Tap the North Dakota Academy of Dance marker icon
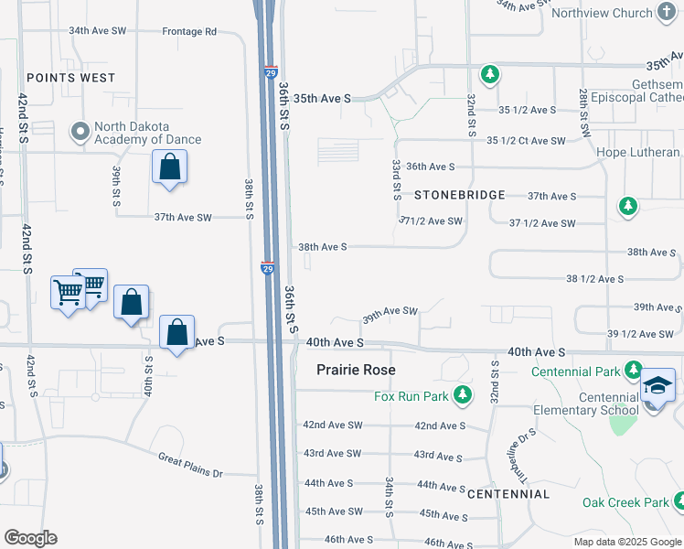80,133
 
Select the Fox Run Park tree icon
464,395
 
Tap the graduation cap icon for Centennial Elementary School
657,385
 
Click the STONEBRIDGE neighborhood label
460,195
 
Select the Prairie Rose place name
356,370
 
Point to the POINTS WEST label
71,78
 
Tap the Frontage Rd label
189,31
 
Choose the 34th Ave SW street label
98,31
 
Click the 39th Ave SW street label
390,311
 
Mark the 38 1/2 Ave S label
594,278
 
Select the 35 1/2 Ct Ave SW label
526,140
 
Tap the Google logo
30,538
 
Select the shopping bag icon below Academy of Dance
169,167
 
